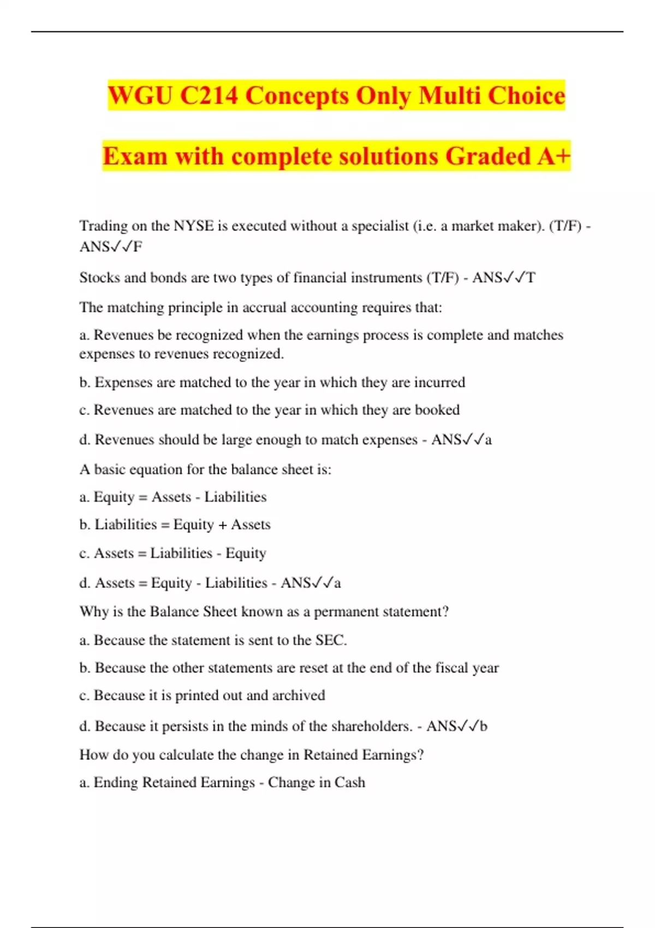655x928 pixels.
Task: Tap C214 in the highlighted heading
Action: [x=209, y=96]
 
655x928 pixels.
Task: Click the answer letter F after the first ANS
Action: [x=138, y=247]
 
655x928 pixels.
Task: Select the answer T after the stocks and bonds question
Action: [x=531, y=278]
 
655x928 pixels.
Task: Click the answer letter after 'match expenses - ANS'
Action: [x=488, y=440]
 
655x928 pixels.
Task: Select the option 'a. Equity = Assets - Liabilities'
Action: [x=173, y=497]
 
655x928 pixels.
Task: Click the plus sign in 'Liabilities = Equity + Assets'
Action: [x=222, y=525]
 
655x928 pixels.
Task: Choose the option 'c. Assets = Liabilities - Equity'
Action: [x=173, y=554]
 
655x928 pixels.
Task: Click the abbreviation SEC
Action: [x=331, y=640]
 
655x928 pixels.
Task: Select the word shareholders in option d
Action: [x=372, y=727]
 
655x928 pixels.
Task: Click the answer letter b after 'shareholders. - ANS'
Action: [x=483, y=727]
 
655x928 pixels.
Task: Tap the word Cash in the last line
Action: [x=350, y=783]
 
